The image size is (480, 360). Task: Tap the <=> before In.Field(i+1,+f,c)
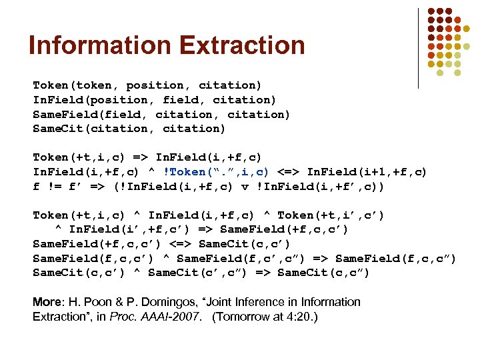coord(293,172)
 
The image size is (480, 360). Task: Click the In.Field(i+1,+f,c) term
coord(367,172)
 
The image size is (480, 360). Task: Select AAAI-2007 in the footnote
coord(175,317)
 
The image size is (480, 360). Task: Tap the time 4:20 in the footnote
coord(300,317)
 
